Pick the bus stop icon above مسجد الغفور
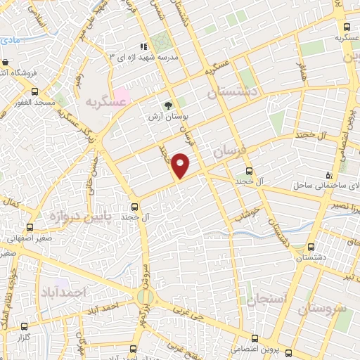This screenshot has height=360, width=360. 35,91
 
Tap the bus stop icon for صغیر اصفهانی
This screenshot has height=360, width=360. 30,227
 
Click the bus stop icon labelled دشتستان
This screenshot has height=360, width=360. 311,247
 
